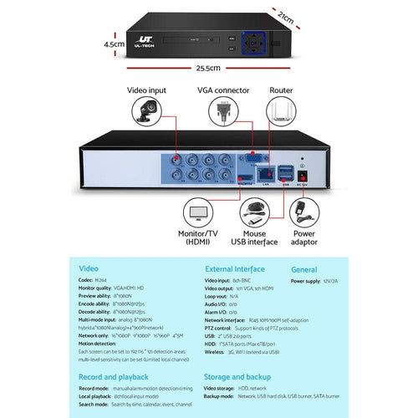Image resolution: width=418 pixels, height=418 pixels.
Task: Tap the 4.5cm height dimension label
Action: pyautogui.click(x=114, y=43)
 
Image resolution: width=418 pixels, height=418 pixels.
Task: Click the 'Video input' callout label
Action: pyautogui.click(x=146, y=89)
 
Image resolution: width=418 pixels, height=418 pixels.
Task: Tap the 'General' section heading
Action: pyautogui.click(x=304, y=270)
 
